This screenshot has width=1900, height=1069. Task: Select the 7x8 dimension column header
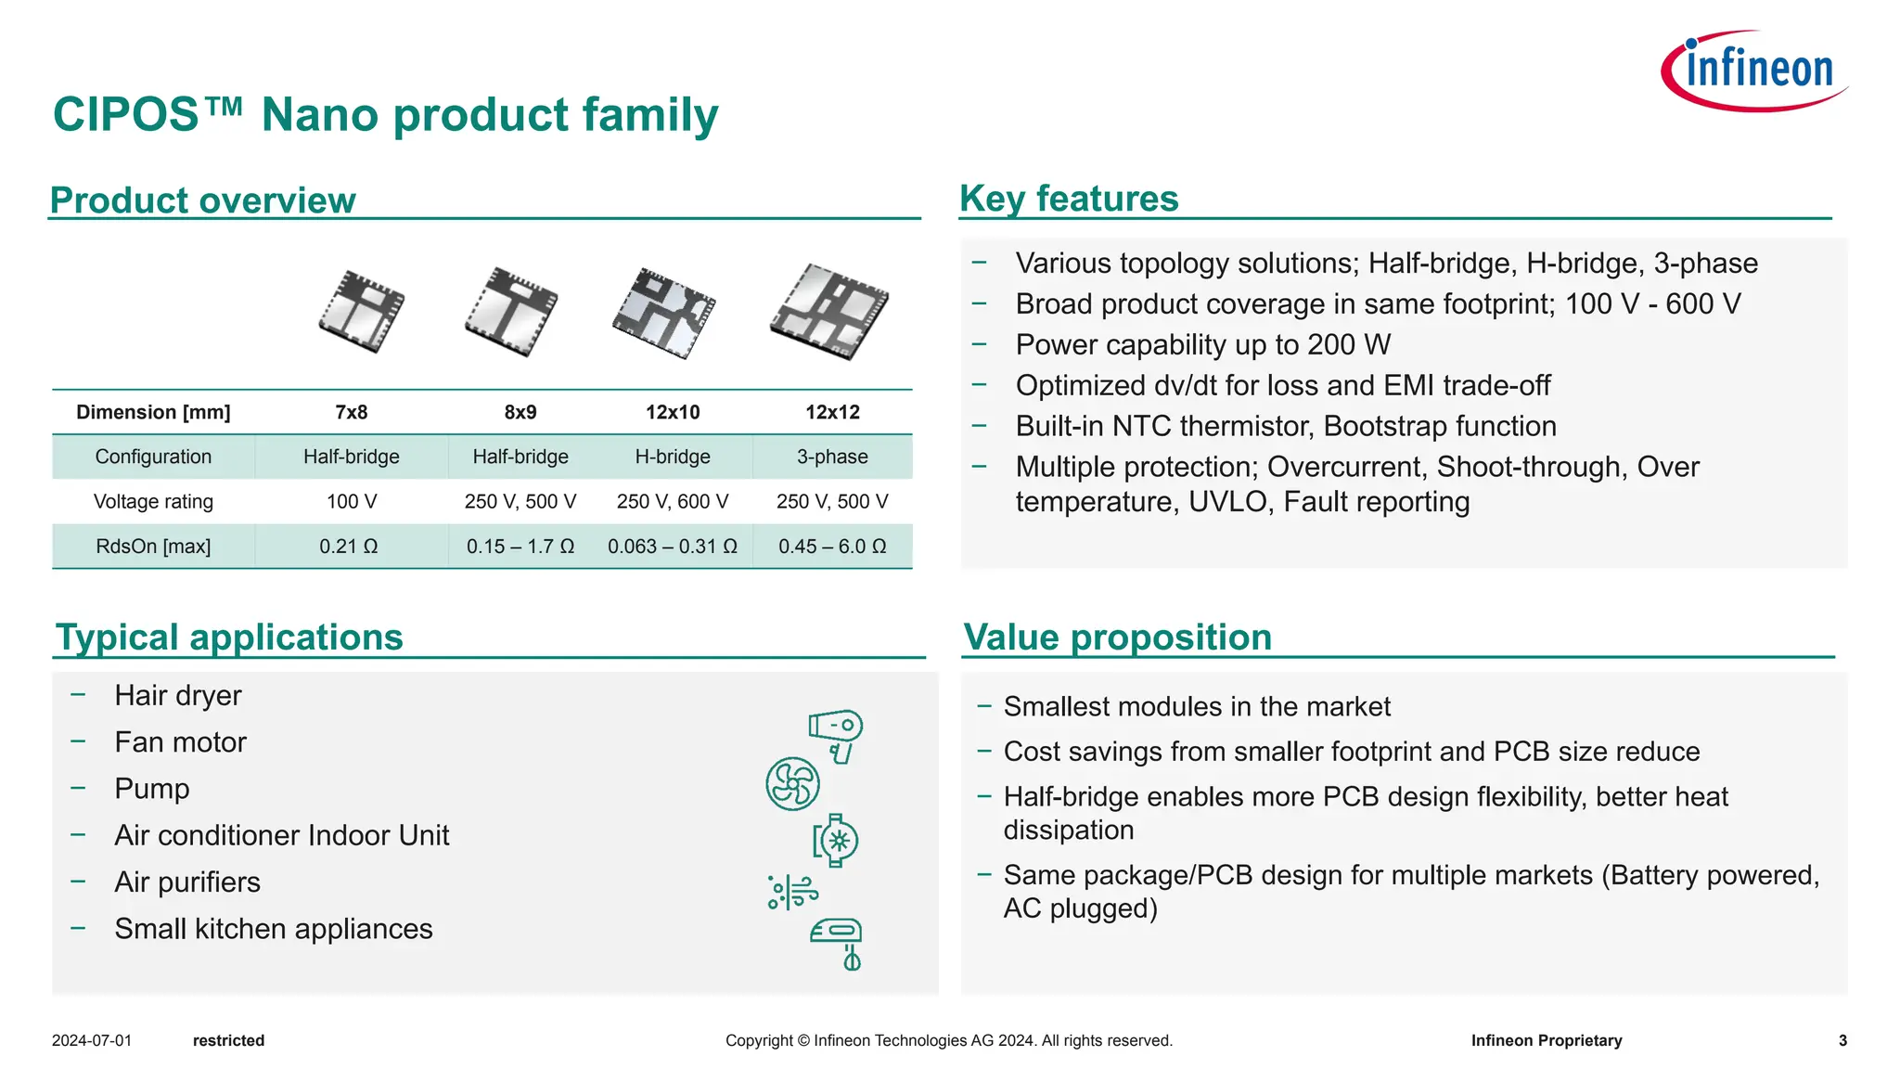(352, 412)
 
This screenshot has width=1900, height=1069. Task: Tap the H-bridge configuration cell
(673, 457)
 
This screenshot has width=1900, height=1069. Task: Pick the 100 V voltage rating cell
(352, 501)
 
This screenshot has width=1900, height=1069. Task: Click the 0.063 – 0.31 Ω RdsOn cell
(673, 547)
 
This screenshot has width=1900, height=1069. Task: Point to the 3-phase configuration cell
(832, 457)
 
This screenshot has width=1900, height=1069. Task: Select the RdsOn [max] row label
(153, 547)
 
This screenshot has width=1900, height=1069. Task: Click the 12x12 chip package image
(829, 311)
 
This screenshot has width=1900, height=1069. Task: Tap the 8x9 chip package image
(512, 311)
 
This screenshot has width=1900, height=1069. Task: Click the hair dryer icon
(837, 735)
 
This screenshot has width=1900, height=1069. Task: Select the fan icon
(792, 784)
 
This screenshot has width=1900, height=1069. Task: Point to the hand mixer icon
(838, 943)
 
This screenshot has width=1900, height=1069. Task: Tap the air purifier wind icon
(792, 892)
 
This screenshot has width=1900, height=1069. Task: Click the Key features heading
(1069, 199)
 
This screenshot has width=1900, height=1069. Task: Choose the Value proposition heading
(1117, 638)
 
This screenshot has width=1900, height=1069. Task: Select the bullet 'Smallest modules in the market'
(1197, 707)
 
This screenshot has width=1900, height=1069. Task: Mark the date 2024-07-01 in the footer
(92, 1040)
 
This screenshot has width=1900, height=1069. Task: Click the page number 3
(1842, 1040)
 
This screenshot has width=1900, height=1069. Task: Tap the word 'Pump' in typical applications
(152, 789)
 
